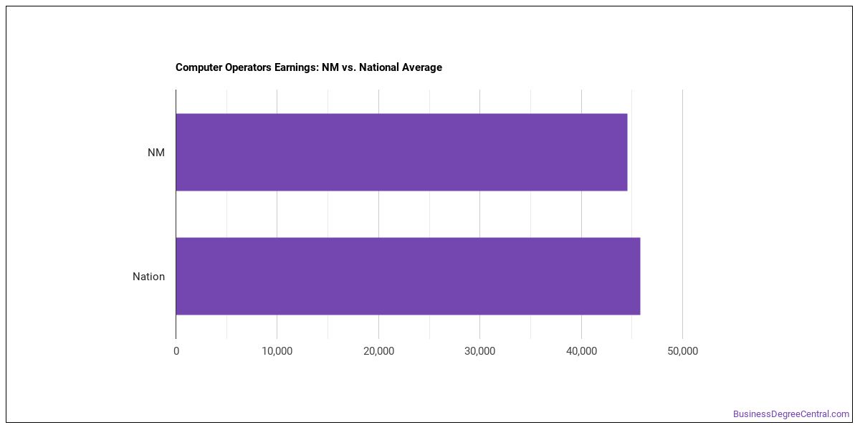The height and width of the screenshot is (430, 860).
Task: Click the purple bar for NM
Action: point(401,152)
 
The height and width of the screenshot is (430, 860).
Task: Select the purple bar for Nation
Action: point(408,276)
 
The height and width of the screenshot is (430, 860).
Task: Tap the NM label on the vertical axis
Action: point(156,153)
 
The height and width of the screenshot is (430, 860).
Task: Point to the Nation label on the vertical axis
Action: point(148,277)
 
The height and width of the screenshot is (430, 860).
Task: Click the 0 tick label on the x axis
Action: point(176,351)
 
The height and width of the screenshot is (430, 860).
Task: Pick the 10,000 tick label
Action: point(277,351)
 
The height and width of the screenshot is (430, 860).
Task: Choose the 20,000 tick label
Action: point(378,351)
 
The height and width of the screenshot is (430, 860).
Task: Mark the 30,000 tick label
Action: point(480,351)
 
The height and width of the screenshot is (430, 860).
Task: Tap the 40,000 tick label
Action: point(581,351)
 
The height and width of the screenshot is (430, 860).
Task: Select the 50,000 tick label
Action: point(682,351)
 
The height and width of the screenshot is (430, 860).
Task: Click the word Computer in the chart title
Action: point(199,67)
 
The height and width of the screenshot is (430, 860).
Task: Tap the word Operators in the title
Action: point(248,67)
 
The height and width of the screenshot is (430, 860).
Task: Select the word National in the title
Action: point(378,67)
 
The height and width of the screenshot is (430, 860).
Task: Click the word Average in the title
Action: point(422,67)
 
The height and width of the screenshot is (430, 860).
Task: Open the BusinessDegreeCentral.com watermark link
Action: point(791,414)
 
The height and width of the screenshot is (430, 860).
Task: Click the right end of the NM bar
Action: point(627,152)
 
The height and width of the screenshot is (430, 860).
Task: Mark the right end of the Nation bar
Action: point(639,276)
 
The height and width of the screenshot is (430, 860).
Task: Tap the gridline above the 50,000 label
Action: point(682,214)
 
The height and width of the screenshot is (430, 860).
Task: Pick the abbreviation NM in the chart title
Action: point(330,67)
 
